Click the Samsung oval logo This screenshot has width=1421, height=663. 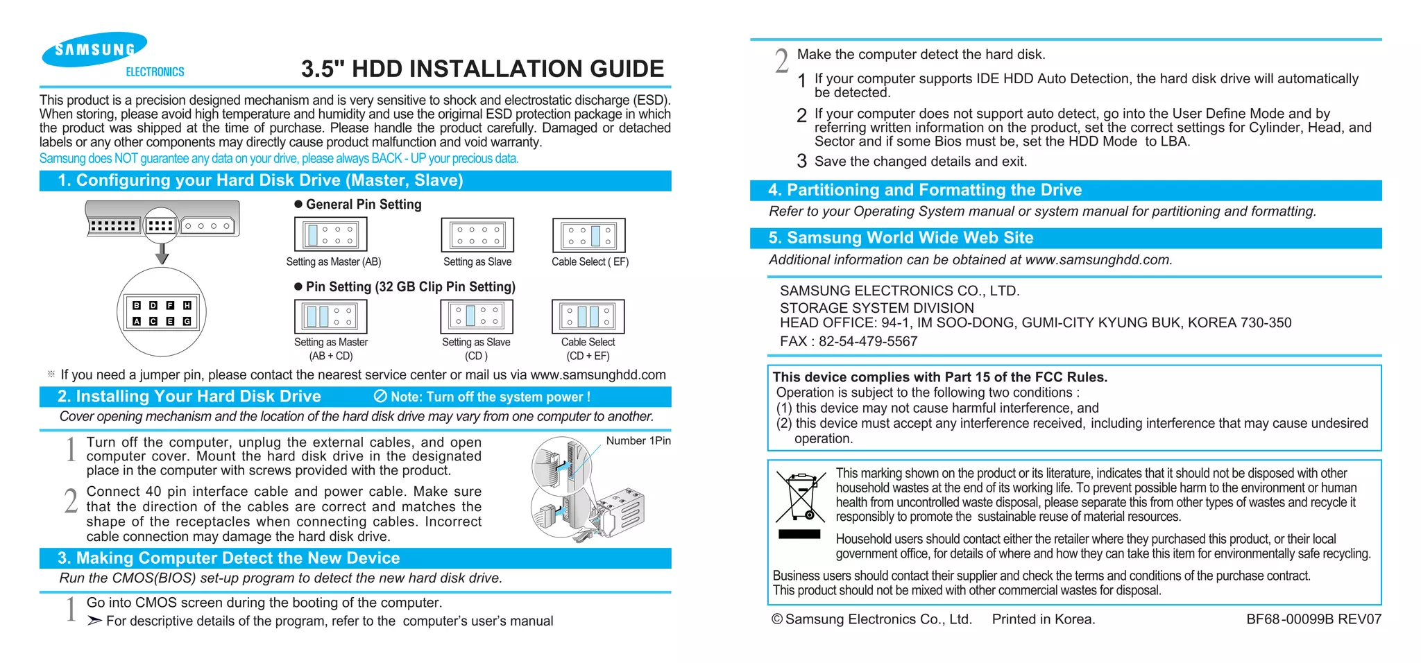94,49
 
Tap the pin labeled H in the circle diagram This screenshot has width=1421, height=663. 187,305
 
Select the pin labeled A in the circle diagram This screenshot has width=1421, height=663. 137,321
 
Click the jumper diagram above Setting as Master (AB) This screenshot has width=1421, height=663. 331,234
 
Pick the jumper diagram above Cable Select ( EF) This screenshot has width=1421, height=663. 588,235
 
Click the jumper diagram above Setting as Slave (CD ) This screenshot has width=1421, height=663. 477,316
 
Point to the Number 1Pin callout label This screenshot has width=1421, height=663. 638,441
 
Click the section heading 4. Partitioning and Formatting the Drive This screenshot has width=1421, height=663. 924,190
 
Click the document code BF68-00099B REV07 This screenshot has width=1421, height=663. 1313,619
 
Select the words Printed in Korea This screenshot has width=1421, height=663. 1043,619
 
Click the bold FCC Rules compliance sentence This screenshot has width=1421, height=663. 939,377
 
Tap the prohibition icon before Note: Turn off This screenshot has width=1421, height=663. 380,396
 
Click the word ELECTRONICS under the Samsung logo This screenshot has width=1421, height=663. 155,72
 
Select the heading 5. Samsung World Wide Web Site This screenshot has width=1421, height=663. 900,238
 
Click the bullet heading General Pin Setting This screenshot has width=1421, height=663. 363,205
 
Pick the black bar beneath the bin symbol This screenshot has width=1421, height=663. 799,534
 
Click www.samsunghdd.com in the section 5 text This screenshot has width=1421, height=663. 1097,260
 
